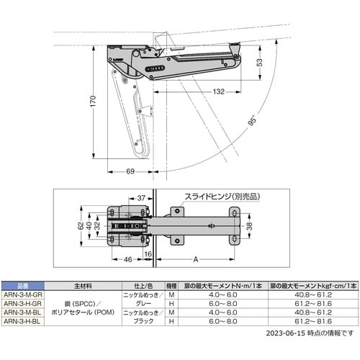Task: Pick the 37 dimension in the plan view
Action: [140, 197]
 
